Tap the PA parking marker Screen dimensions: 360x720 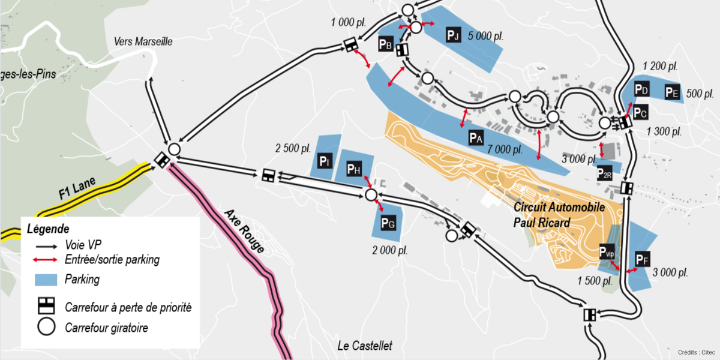pos(476,138)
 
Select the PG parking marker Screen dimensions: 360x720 pos(388,224)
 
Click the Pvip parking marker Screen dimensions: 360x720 pos(608,251)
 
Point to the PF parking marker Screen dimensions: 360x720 pos(643,259)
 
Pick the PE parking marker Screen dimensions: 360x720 pos(672,92)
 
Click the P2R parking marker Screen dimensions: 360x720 pos(604,173)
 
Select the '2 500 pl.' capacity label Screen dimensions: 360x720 pos(293,148)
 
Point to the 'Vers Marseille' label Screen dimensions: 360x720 pos(143,41)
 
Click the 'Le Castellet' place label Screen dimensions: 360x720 pos(365,346)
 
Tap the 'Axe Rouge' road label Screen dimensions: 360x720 pos(244,231)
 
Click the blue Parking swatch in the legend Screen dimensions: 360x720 pos(46,280)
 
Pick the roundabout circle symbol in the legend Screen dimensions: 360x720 pos(46,328)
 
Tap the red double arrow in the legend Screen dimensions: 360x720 pos(46,260)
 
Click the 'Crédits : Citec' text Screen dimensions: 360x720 pos(696,352)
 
